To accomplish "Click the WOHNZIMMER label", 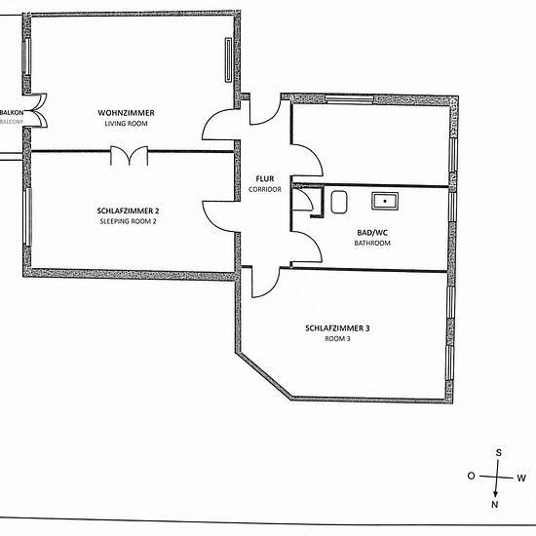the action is click(126, 113).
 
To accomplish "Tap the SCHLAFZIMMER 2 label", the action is click(128, 211).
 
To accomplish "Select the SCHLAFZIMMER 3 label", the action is click(337, 328).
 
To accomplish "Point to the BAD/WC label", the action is click(372, 233).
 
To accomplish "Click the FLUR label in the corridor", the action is click(265, 178).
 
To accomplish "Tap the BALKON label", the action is click(12, 112).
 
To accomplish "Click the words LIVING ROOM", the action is click(126, 124).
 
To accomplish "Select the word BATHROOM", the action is click(372, 243).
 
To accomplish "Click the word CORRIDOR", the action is click(265, 189).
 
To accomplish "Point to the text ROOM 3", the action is click(337, 339).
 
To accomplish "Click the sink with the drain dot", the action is click(385, 201).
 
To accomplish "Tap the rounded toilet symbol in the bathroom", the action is click(339, 203).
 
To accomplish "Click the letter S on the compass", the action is click(499, 453).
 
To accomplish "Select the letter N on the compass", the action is click(495, 504).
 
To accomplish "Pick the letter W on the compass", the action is click(521, 479).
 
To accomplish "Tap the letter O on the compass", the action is click(471, 476).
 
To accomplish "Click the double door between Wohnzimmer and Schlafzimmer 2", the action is click(130, 156).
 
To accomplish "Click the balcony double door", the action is click(39, 110).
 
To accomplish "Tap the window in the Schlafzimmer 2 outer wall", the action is click(27, 216).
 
